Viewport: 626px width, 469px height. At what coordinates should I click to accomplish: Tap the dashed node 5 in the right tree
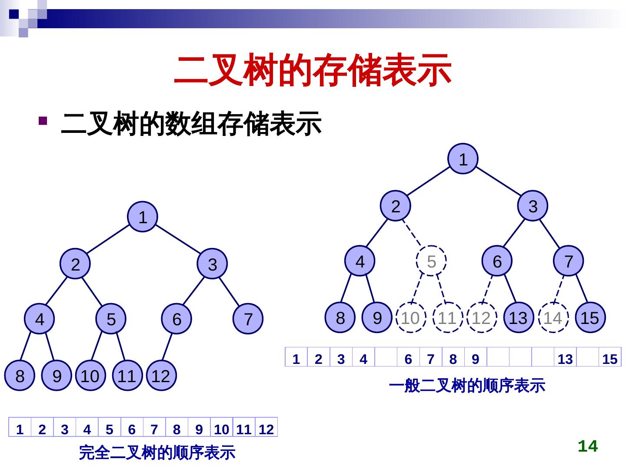pos(431,261)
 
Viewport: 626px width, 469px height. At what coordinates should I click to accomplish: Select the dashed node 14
pos(553,318)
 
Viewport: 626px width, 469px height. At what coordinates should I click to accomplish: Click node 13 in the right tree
pos(518,318)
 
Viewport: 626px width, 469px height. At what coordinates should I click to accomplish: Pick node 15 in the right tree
pos(590,318)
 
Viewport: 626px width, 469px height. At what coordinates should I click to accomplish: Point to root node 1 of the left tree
pos(143,217)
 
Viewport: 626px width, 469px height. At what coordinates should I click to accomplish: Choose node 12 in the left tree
pos(160,376)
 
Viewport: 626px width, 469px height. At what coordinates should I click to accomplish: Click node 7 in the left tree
pos(248,319)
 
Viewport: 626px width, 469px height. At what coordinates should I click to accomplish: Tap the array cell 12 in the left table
pos(266,429)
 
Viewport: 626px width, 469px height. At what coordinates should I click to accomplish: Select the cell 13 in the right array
pos(565,359)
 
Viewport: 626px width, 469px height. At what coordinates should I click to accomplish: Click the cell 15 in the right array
pos(610,359)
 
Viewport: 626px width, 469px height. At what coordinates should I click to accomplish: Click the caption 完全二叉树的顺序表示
pos(157,452)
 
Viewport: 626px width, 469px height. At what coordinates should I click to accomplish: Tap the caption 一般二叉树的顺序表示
pos(466,385)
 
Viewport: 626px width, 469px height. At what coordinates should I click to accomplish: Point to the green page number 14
pos(588,446)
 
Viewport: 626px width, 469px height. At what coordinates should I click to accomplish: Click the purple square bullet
pos(43,120)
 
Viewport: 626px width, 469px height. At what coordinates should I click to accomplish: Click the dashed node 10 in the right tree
pos(410,318)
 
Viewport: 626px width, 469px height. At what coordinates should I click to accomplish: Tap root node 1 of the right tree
pos(463,159)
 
